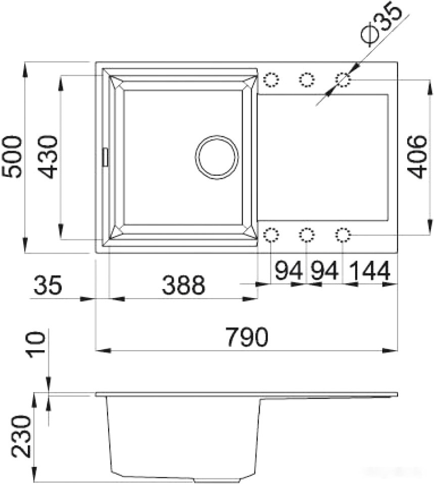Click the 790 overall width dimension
[x=247, y=337]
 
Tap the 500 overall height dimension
[x=12, y=157]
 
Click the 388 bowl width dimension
[x=183, y=285]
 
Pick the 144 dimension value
[x=369, y=271]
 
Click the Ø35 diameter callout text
[x=381, y=25]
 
